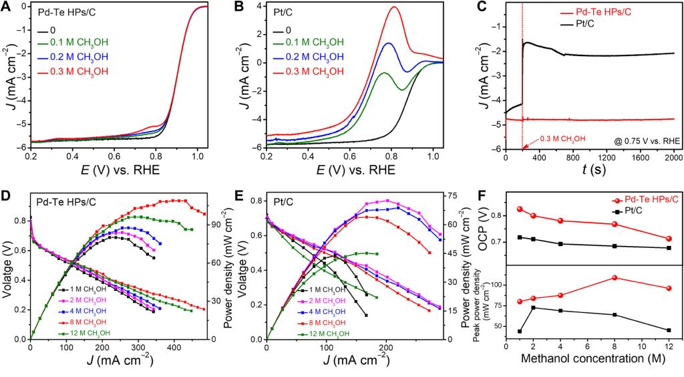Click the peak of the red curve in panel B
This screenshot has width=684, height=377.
395,7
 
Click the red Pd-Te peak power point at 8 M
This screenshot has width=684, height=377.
615,277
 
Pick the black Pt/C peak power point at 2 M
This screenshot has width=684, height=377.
532,307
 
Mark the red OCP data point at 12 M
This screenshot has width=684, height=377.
669,239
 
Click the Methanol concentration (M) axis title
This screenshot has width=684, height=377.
587,361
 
